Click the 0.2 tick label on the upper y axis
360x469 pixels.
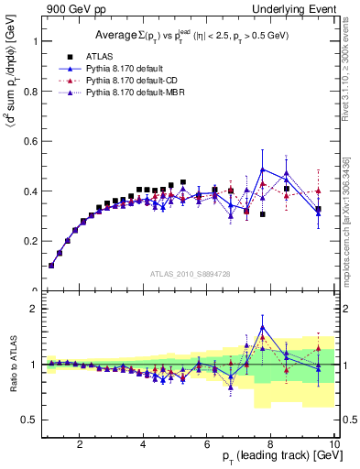(29, 242)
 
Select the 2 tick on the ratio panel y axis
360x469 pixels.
(34, 309)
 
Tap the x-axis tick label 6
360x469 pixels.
(207, 445)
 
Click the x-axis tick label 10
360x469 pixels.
(333, 445)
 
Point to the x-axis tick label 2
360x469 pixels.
(80, 445)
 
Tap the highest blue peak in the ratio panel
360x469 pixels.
(263, 326)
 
